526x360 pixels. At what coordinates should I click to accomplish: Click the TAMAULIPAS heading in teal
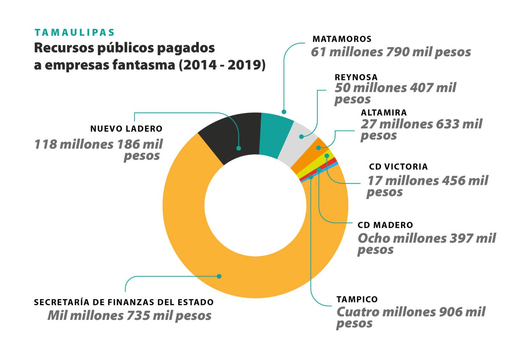tap(74, 32)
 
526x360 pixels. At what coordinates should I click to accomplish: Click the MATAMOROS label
tap(342, 39)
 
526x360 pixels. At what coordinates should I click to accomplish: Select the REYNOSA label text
tap(356, 77)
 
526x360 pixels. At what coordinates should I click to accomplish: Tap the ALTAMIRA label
tap(384, 113)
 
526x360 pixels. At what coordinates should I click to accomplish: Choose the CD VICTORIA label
tap(398, 167)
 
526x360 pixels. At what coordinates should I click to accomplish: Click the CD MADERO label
tap(385, 225)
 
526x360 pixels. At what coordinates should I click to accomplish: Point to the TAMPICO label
tap(357, 299)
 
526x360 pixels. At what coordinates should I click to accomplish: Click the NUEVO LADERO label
tap(126, 129)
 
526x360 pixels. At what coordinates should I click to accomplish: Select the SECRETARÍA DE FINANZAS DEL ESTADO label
tap(124, 302)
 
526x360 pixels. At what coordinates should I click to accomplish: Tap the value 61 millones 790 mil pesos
tap(391, 52)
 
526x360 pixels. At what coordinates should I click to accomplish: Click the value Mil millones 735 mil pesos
tap(129, 316)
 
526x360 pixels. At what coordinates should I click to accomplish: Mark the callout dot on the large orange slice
tap(219, 276)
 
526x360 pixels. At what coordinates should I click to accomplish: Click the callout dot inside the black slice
tap(239, 148)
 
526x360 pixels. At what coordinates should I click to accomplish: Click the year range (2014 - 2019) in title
tap(222, 65)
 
